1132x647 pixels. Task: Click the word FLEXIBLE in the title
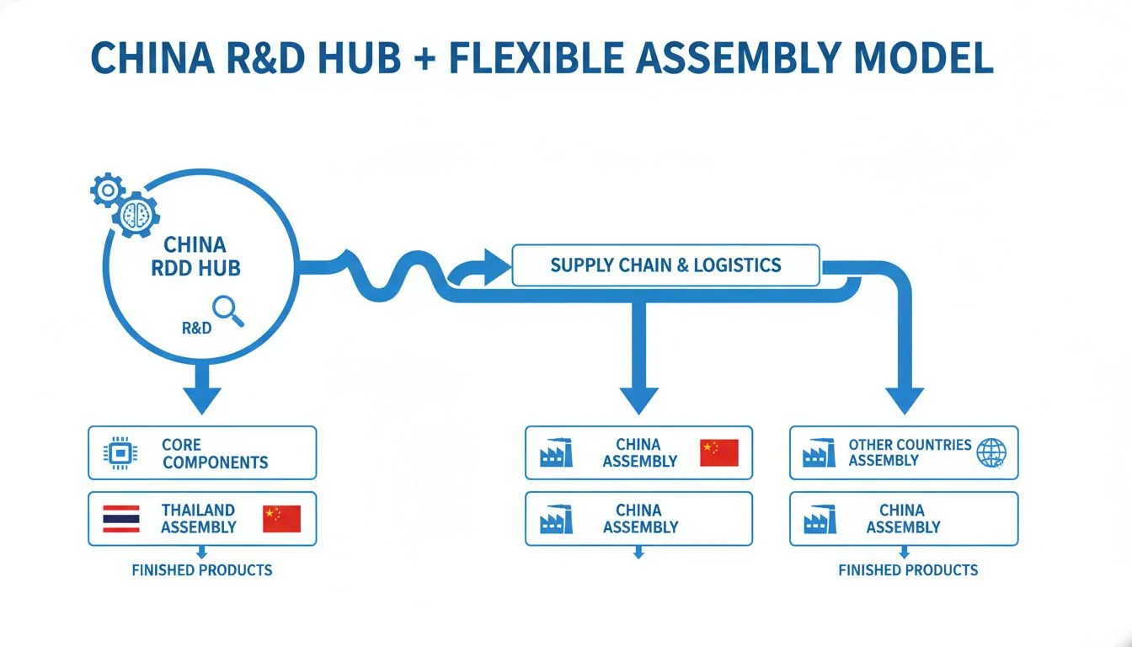[x=526, y=58]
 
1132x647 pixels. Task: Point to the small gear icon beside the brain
[x=107, y=191]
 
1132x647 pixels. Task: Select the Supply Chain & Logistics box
[x=665, y=265]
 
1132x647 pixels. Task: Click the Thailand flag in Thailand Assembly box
[x=120, y=519]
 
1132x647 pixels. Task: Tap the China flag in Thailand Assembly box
[x=281, y=519]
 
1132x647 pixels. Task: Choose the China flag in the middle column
[x=718, y=453]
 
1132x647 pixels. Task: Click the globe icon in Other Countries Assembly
[x=990, y=453]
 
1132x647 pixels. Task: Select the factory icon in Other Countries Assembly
[x=819, y=453]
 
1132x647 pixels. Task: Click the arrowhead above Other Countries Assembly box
[x=905, y=398]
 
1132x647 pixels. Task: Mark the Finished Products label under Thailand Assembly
[x=202, y=570]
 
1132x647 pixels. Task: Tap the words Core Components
[x=215, y=453]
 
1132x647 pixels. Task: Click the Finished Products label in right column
[x=908, y=570]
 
